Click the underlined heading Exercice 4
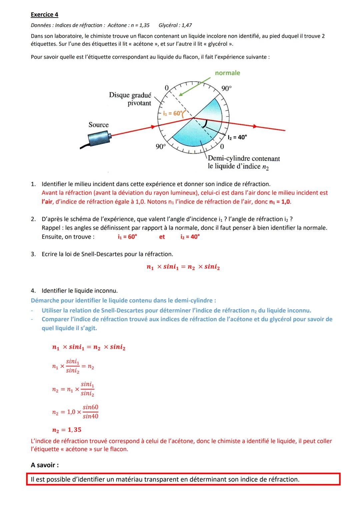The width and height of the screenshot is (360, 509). (x=44, y=14)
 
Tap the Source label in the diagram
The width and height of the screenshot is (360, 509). (x=98, y=125)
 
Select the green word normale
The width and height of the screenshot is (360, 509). (x=227, y=73)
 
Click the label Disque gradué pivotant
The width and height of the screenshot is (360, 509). (x=130, y=99)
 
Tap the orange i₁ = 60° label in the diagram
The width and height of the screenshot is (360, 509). (x=173, y=113)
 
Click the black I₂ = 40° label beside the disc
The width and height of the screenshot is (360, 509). (x=237, y=137)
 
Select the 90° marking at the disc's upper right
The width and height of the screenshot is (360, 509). (x=227, y=88)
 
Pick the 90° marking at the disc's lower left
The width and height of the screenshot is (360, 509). (x=161, y=147)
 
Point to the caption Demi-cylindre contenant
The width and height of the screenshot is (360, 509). (x=244, y=158)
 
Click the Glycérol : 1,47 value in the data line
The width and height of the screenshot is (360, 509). (x=175, y=25)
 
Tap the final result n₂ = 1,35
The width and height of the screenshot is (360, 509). (x=67, y=430)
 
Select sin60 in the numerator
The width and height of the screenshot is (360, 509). (x=90, y=407)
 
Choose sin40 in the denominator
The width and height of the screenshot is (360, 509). (x=90, y=416)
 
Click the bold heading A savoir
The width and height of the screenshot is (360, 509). (x=45, y=465)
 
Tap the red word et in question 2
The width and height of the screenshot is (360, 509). (x=162, y=237)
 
